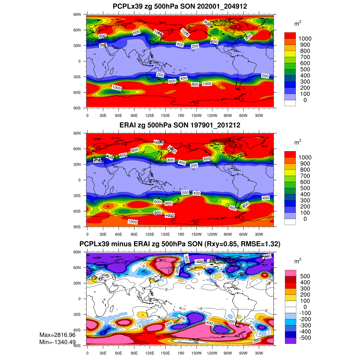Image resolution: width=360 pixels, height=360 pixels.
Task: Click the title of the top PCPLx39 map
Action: click(x=180, y=6)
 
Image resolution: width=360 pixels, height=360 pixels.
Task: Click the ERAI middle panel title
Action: click(x=180, y=125)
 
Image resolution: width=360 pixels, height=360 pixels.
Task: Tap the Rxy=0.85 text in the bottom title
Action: click(x=220, y=244)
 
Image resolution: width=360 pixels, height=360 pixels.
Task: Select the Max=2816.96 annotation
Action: click(x=57, y=335)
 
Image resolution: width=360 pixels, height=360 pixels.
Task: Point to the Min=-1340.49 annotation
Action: click(x=57, y=342)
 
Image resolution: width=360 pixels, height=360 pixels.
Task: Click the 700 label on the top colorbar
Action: click(x=305, y=57)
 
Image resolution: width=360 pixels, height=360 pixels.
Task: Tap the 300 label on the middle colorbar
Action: click(x=305, y=200)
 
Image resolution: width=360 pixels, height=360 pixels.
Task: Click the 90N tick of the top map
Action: click(x=77, y=14)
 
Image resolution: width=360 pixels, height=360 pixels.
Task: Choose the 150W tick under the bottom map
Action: click(x=196, y=353)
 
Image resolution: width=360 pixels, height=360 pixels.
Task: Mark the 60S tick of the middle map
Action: click(x=77, y=211)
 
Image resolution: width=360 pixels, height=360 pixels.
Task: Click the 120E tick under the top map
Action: click(x=150, y=115)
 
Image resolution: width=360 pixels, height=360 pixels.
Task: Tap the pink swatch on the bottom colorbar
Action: click(x=290, y=273)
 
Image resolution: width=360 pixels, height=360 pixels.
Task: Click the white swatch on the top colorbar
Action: click(x=290, y=103)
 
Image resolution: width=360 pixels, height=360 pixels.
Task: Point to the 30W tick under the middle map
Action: click(x=259, y=234)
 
